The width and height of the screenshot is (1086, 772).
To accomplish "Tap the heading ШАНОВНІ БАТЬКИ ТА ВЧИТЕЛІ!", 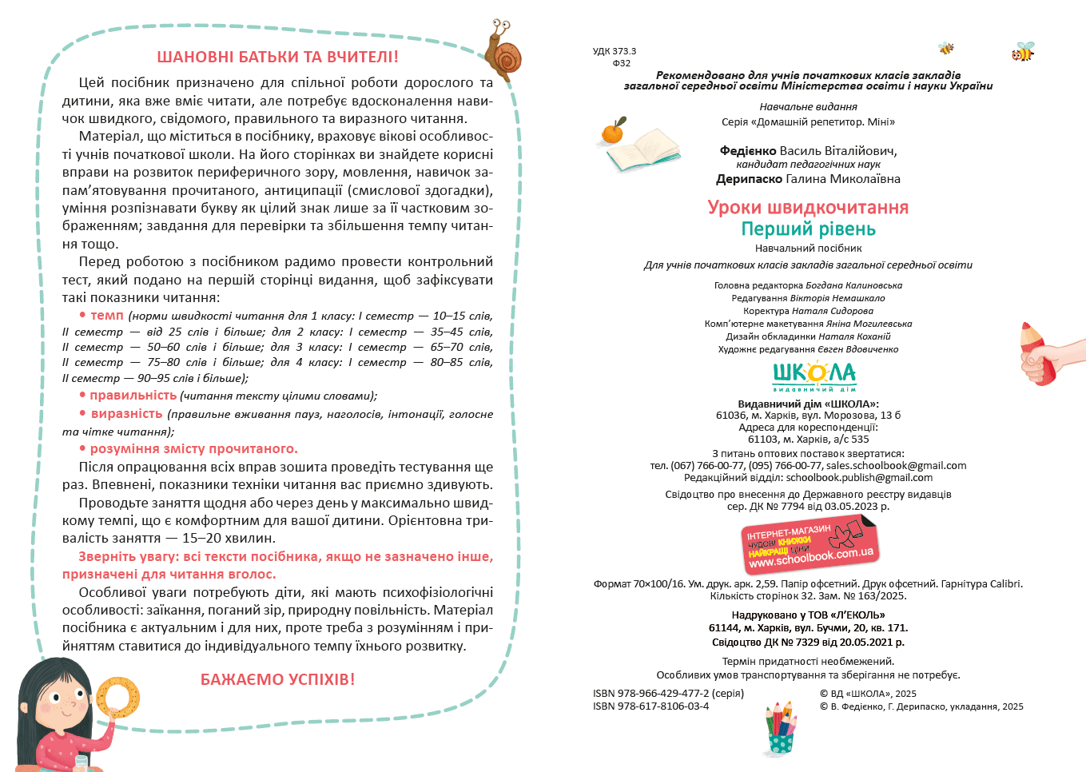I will (277, 57).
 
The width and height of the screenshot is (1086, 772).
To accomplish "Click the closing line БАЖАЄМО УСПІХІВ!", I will (277, 679).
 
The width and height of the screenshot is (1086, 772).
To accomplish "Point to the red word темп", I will (106, 316).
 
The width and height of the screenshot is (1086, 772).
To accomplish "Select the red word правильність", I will (133, 396).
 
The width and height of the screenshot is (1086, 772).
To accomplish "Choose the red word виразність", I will (126, 414).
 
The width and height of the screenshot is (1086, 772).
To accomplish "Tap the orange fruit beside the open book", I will (613, 131).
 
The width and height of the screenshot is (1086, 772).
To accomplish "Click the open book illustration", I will (644, 151).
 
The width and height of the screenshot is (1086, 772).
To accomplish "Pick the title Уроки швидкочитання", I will (808, 208).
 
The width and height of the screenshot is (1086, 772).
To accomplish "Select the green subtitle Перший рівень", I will (808, 229).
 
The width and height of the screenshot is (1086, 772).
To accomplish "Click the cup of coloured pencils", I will (781, 729).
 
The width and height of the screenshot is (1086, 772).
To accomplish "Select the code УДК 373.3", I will (615, 51).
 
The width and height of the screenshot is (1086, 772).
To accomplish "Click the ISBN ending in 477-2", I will (668, 694).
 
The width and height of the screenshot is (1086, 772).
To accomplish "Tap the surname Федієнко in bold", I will (748, 150).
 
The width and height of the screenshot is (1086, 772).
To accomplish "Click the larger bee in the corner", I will (1022, 52).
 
